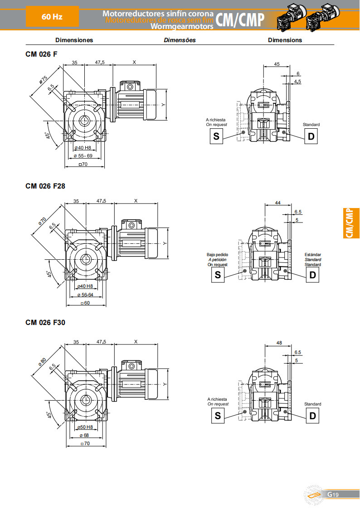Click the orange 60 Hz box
tap(52, 17)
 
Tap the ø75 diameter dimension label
tap(44, 80)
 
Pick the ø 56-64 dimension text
tap(85, 295)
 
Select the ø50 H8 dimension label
tap(85, 427)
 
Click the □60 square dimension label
tap(85, 303)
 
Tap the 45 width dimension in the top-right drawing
tap(277, 64)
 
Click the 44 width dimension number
tap(277, 204)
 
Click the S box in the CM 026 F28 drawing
tap(218, 275)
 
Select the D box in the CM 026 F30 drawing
tap(312, 416)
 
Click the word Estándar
tap(312, 255)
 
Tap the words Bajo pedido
tap(217, 255)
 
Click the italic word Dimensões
tap(180, 40)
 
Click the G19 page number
tap(333, 494)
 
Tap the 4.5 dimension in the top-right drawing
tap(297, 82)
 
